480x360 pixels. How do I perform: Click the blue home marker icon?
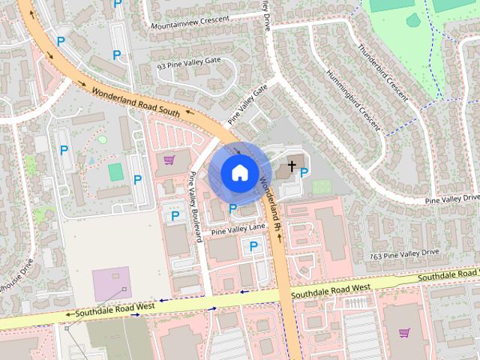coord(238,172)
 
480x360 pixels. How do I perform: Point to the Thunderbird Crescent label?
coord(382,74)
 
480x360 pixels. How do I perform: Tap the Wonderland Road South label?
coord(136,103)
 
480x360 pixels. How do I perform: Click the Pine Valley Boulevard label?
coord(196,207)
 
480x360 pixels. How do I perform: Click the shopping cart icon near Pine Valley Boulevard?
coord(169,159)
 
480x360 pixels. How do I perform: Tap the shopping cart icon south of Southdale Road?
coord(405,332)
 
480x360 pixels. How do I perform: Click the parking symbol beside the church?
coord(304,172)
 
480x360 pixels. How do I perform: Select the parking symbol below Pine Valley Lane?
coord(253,245)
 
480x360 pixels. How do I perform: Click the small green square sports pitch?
coord(115,172)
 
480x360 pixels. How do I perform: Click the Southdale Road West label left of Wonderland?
coord(110,308)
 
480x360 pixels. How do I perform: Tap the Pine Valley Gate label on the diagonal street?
coord(247,104)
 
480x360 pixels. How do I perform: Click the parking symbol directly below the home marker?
coord(233,208)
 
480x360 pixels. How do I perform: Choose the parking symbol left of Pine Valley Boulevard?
coord(175,216)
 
